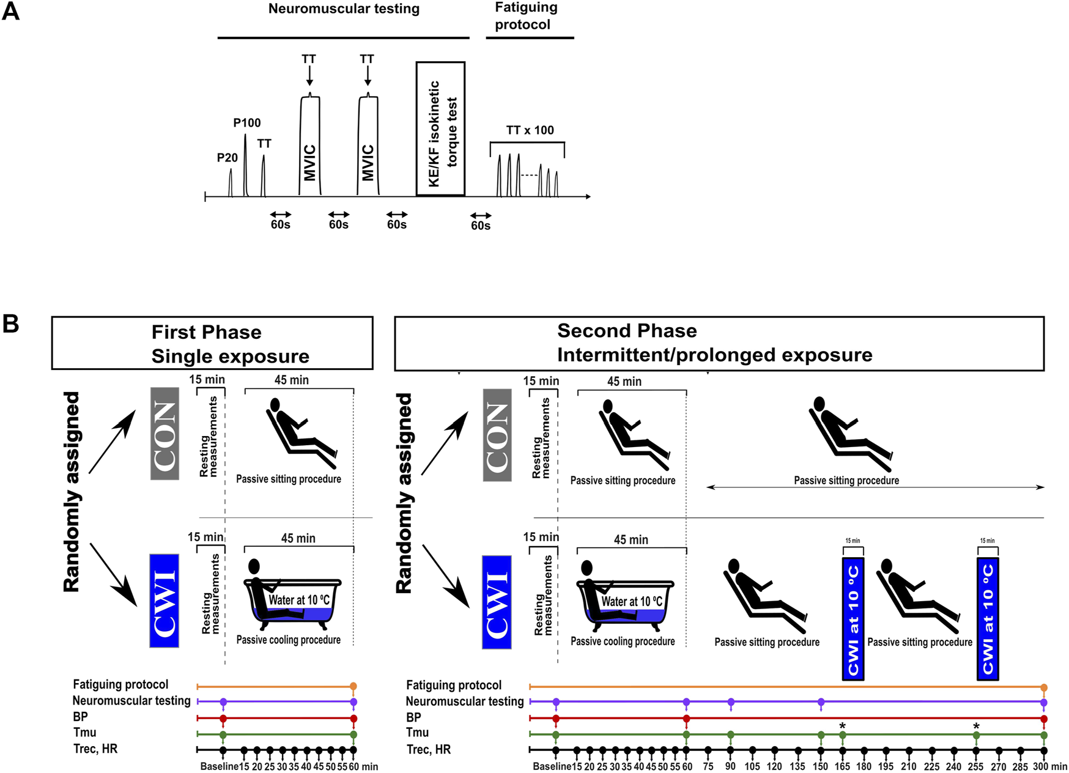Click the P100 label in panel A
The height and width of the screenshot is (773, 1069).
pyautogui.click(x=247, y=123)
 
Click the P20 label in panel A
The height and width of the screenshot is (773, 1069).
pyautogui.click(x=227, y=158)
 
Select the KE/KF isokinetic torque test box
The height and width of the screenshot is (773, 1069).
pyautogui.click(x=440, y=128)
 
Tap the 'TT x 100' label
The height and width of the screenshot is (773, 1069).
pyautogui.click(x=530, y=130)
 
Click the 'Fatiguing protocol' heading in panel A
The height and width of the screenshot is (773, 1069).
pyautogui.click(x=522, y=17)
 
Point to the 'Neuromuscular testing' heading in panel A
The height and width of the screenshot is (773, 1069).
pyautogui.click(x=344, y=9)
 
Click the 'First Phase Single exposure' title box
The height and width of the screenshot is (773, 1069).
pyautogui.click(x=212, y=343)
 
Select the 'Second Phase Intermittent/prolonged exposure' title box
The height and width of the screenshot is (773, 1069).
pyautogui.click(x=719, y=343)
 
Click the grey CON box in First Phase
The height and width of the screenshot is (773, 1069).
pyautogui.click(x=165, y=433)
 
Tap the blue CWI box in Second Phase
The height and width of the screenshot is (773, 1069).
pyautogui.click(x=497, y=602)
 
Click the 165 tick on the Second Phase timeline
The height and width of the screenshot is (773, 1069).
pyautogui.click(x=842, y=767)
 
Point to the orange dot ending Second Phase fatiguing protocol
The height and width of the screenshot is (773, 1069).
pyautogui.click(x=1043, y=687)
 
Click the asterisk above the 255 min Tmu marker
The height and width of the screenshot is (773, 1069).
pyautogui.click(x=976, y=727)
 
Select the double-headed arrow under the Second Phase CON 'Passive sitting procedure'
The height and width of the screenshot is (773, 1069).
pyautogui.click(x=875, y=487)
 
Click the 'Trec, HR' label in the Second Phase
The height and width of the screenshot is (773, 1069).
pyautogui.click(x=429, y=749)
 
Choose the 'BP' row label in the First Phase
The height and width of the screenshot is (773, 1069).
pyautogui.click(x=80, y=717)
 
